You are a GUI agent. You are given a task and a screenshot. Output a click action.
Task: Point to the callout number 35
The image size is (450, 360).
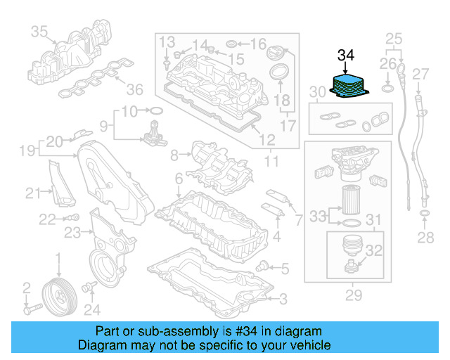tap(39, 31)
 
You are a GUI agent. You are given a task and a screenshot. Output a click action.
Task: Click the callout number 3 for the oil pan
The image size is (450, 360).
tap(282, 300)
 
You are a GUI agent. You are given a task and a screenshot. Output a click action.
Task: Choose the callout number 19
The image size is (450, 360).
tap(27, 150)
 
